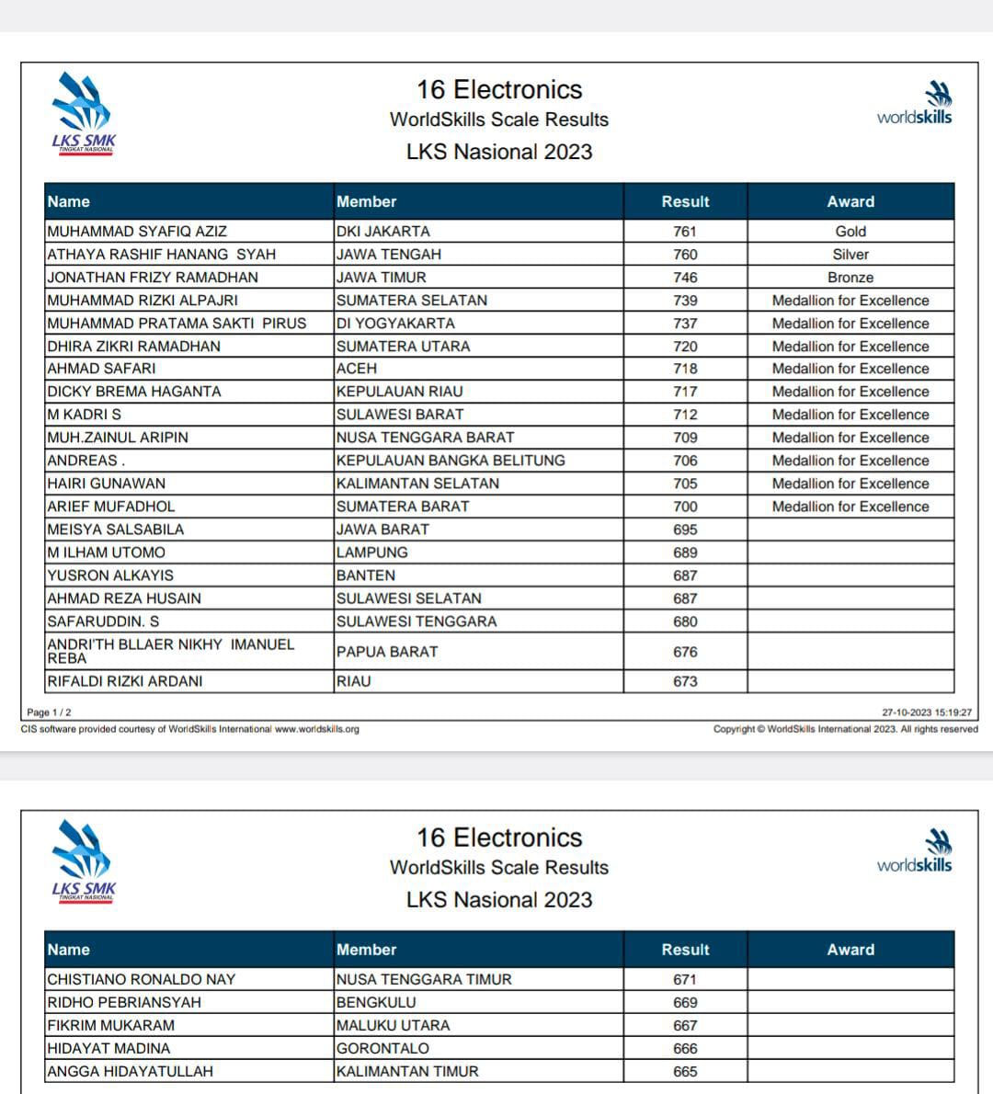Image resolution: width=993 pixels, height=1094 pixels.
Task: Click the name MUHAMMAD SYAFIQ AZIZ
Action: [x=137, y=232]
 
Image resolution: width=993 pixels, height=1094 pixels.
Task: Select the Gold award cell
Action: [x=850, y=232]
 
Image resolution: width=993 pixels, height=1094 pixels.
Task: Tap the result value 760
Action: [x=685, y=255]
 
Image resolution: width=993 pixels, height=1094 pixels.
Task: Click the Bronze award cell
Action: [x=850, y=278]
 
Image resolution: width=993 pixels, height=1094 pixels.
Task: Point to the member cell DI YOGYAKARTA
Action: [x=395, y=324]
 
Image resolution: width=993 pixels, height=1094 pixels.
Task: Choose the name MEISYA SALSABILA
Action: [x=116, y=530]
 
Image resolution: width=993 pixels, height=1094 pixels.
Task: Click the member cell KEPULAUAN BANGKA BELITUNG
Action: [x=451, y=461]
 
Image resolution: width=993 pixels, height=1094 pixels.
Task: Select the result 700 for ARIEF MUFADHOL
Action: [x=685, y=507]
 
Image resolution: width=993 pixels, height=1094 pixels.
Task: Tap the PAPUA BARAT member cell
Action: [x=387, y=652]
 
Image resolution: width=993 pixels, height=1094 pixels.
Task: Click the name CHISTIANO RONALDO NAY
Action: [x=142, y=980]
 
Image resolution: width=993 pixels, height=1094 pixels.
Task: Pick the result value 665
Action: [x=685, y=1072]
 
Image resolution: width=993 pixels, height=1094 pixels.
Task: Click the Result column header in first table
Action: [x=685, y=201]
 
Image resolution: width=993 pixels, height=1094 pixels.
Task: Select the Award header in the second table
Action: [x=850, y=950]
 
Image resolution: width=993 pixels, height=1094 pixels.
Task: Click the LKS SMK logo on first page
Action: [x=83, y=115]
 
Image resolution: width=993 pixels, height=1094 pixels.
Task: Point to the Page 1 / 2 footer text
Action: [x=49, y=712]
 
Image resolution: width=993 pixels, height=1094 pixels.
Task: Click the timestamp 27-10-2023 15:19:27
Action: [x=927, y=712]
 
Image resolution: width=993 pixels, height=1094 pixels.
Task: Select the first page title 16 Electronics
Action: [x=499, y=90]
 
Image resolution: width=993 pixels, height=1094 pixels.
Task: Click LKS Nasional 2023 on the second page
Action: [x=499, y=900]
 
